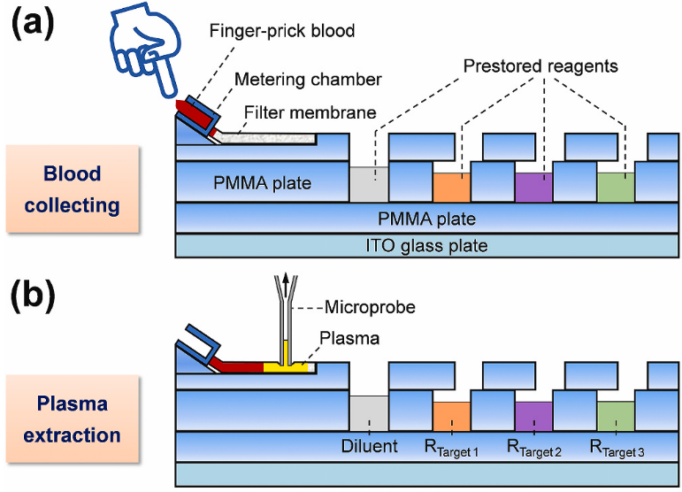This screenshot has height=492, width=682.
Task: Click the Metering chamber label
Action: click(x=308, y=80)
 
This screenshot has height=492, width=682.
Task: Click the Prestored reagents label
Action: click(x=539, y=66)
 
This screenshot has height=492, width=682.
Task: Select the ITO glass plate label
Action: click(x=427, y=245)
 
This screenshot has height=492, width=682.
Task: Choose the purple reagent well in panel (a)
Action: click(x=533, y=186)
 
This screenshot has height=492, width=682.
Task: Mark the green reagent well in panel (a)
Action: click(x=616, y=186)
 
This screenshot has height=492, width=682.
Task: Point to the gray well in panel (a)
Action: click(x=369, y=183)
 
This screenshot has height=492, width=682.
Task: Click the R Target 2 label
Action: click(x=533, y=448)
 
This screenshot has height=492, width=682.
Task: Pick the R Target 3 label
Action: click(x=617, y=448)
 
